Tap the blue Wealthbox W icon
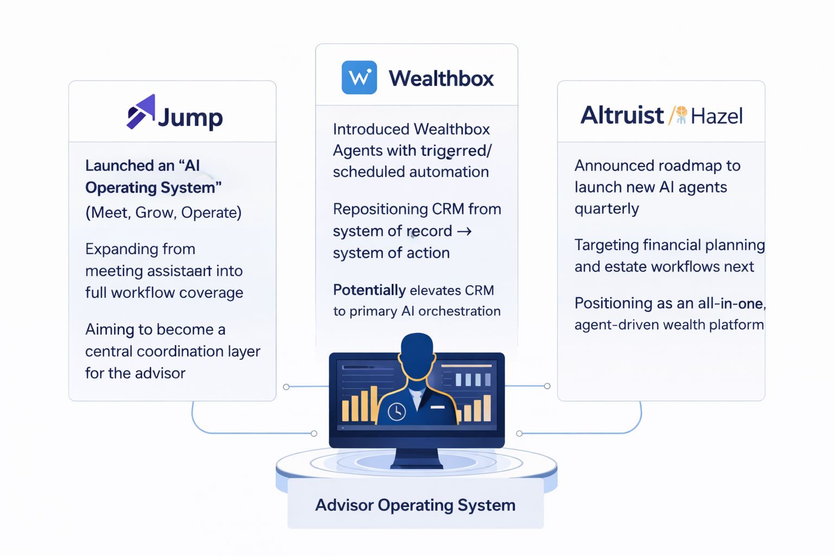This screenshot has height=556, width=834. point(359,78)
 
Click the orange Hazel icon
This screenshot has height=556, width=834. point(681,115)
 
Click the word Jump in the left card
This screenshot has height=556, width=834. point(190,118)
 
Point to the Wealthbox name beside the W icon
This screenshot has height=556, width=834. point(441,79)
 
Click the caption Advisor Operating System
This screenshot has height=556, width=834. point(415,506)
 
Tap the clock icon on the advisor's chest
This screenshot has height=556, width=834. point(396,412)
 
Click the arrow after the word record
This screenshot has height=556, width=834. point(464,231)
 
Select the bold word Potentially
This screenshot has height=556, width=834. point(369,290)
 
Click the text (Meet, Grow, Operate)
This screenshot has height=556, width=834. point(163,213)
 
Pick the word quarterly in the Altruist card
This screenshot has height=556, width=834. point(606,209)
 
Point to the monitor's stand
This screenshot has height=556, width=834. point(416,458)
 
